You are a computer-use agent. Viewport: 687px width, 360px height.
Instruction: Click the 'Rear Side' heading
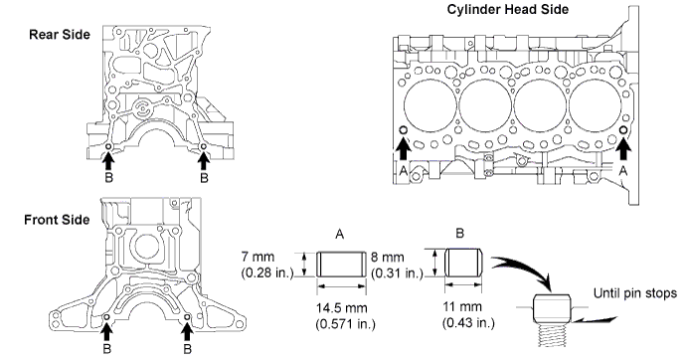[x=59, y=35]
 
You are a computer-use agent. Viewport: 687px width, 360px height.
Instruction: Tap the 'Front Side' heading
[x=57, y=219]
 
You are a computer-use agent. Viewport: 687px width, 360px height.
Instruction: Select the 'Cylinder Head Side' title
[x=508, y=9]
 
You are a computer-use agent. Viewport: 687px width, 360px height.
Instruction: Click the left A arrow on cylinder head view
[x=404, y=149]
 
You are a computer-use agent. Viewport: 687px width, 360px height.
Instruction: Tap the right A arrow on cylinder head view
[x=623, y=149]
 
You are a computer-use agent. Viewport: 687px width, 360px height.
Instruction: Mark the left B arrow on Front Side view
[x=106, y=332]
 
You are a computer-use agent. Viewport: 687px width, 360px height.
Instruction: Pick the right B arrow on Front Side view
[x=187, y=332]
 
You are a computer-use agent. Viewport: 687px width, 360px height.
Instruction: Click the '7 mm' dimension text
[x=258, y=257]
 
